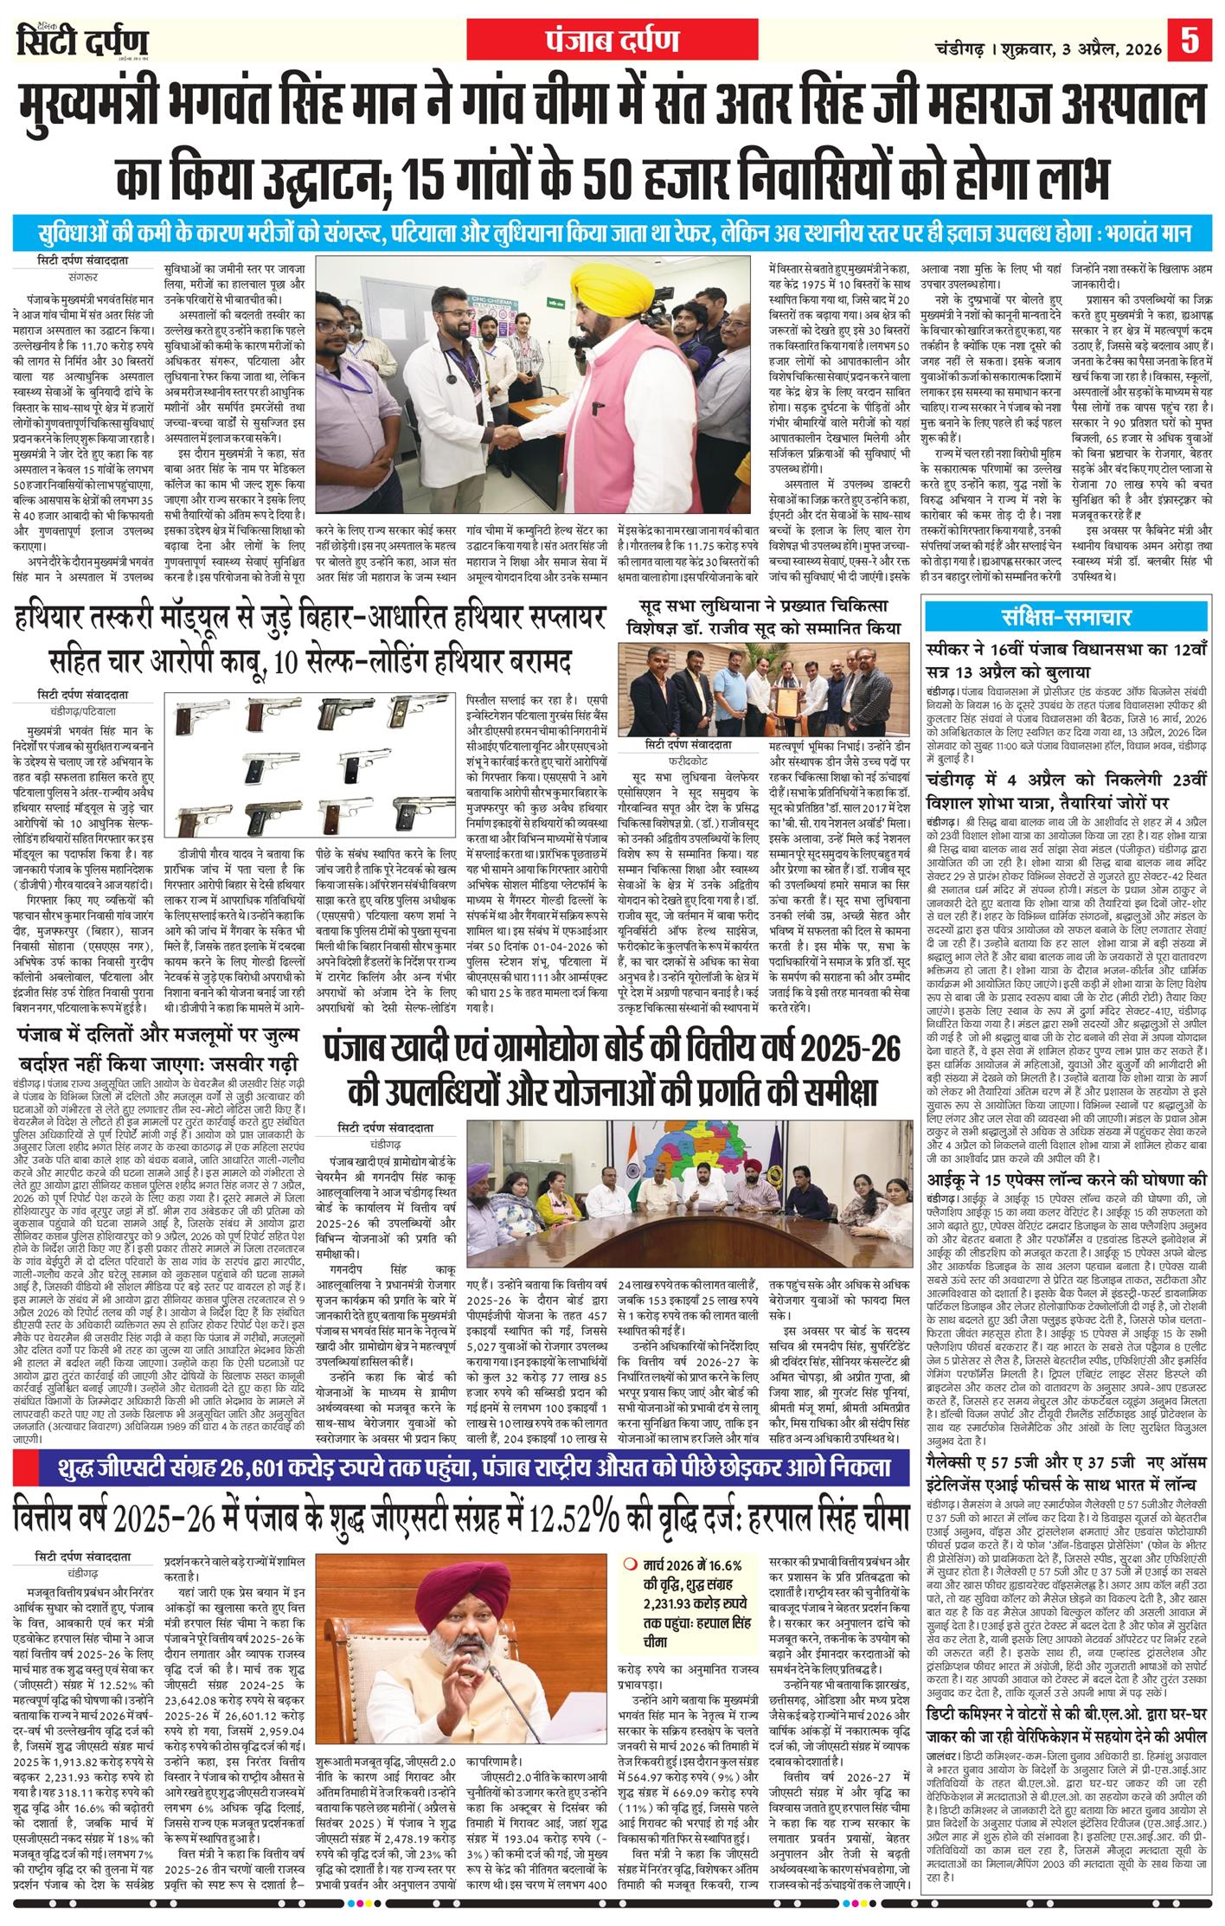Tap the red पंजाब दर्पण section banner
[x=612, y=40]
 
